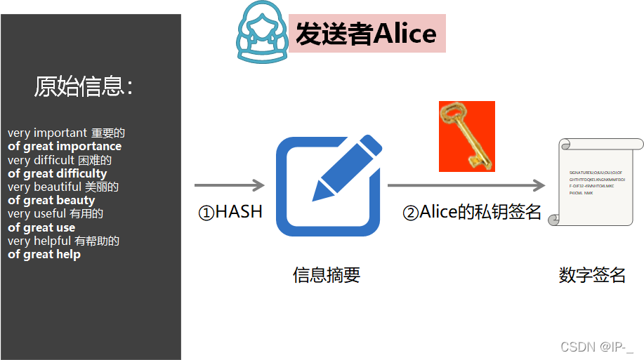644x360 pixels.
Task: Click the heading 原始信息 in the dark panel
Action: (84, 86)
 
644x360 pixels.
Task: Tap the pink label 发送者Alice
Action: (367, 33)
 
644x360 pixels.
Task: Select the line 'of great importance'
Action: (65, 146)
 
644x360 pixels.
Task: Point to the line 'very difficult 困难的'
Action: (60, 160)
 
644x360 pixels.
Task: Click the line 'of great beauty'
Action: (51, 200)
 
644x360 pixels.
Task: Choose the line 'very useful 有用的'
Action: (55, 213)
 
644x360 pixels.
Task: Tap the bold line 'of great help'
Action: (44, 254)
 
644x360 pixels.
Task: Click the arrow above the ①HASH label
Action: (229, 185)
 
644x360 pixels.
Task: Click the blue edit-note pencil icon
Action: (329, 186)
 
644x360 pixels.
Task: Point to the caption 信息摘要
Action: (327, 275)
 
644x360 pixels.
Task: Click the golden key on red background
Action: (466, 136)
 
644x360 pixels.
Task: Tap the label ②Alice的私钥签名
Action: (472, 212)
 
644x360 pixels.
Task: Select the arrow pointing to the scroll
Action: (466, 185)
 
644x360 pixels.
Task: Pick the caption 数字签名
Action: (592, 274)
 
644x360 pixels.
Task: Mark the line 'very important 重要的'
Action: (66, 133)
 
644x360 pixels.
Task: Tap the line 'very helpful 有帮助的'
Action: (64, 241)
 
